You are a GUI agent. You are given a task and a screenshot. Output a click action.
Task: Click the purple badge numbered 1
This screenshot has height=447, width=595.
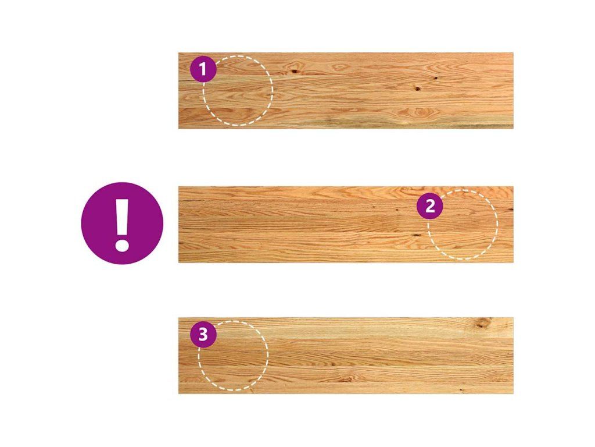point(203,69)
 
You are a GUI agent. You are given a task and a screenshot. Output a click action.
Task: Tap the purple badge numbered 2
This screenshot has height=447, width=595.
point(430,206)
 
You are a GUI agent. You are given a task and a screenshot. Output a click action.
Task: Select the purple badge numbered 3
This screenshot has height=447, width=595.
point(203,335)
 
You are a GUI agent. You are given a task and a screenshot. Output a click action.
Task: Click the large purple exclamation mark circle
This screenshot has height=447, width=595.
point(122,223)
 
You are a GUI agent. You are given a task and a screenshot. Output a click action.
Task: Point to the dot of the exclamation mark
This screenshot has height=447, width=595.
point(122,244)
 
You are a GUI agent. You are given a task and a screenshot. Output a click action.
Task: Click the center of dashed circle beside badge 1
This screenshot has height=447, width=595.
point(238,91)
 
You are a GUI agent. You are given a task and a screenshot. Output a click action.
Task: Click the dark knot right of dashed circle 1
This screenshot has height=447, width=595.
point(294,71)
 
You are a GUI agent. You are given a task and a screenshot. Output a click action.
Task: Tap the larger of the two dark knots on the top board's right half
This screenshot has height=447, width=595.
point(417,89)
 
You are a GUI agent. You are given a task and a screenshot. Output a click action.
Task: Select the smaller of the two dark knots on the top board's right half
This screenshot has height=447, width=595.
point(435,79)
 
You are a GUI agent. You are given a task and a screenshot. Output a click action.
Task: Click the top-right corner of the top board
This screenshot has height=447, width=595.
point(514,53)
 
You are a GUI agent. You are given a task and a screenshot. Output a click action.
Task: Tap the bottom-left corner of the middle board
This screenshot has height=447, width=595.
point(178,262)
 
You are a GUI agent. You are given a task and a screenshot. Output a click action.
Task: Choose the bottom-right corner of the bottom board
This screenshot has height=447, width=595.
point(514,393)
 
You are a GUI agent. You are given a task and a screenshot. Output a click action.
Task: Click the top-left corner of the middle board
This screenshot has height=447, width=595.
point(178,187)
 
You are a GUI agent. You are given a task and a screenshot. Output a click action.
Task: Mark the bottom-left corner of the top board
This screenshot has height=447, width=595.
point(178,129)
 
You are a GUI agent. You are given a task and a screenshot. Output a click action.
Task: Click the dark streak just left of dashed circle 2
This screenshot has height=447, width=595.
point(417,235)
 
